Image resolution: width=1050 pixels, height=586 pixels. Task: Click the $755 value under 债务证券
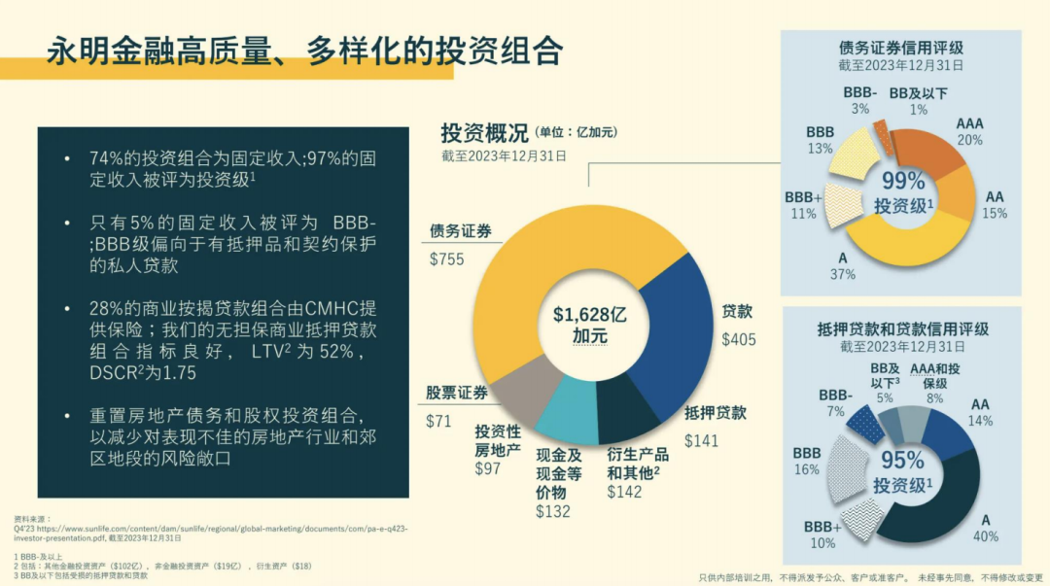tap(446, 259)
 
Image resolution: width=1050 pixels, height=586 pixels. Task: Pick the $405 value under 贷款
tap(739, 339)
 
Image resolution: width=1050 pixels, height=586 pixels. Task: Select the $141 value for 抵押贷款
tap(702, 440)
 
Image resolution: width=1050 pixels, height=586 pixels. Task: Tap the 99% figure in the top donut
tap(903, 181)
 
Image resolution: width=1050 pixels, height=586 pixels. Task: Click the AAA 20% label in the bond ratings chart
tap(969, 131)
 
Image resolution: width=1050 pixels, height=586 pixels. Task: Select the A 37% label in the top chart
tap(842, 266)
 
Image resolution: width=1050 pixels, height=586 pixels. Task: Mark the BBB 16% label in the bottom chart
tap(806, 461)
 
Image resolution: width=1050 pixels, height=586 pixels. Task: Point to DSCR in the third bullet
tap(114, 372)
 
